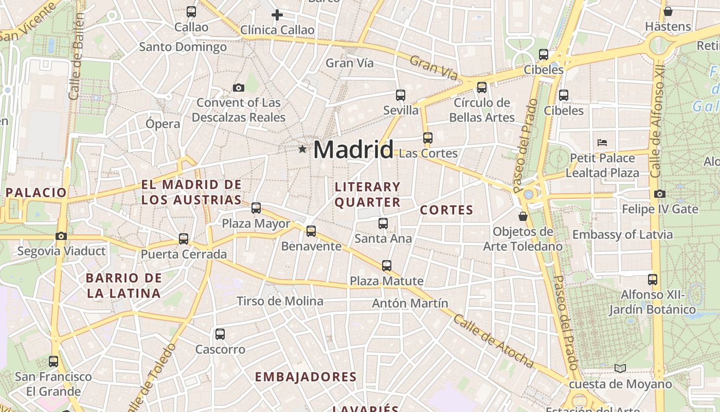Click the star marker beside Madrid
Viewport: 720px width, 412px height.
click(x=302, y=149)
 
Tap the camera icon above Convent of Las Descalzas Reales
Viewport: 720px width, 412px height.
click(x=238, y=88)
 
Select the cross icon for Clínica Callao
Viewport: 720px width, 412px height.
click(x=277, y=15)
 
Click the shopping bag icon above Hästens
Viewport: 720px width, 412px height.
click(x=668, y=11)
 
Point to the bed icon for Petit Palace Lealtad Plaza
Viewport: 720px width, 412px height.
click(x=602, y=142)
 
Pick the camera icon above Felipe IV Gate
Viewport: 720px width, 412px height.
click(x=660, y=194)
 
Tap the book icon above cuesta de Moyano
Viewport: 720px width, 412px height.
click(x=620, y=368)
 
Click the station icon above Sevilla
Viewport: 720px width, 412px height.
click(x=401, y=95)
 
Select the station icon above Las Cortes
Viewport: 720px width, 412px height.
click(x=428, y=138)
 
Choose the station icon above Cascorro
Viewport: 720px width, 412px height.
click(x=220, y=334)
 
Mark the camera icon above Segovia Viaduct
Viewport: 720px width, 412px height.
click(x=61, y=236)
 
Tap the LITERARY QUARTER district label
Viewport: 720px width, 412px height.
click(x=367, y=194)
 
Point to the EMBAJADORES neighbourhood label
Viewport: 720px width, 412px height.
click(x=305, y=377)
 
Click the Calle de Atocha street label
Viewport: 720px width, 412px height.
click(x=494, y=341)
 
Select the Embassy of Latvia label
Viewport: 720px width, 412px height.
click(x=622, y=235)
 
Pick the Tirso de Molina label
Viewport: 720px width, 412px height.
click(x=280, y=301)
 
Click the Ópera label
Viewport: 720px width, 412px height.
click(x=163, y=124)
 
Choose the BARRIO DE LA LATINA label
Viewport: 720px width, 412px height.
click(x=123, y=286)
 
